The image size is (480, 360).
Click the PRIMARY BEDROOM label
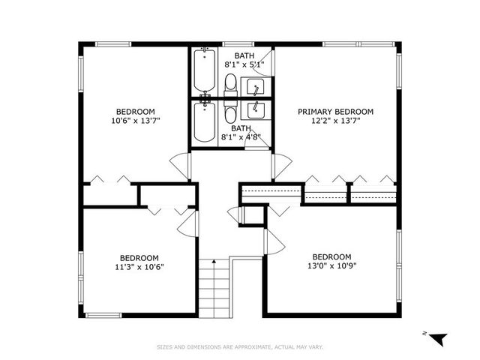pos(335,112)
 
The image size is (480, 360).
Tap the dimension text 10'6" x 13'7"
pos(136,119)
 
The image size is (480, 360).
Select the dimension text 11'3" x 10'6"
pos(139,266)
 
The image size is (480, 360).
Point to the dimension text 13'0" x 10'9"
pos(331,266)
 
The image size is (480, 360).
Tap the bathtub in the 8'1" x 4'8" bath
pos(204,122)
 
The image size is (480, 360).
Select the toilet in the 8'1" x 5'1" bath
pos(230,84)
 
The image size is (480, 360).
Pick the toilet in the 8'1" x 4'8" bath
pos(230,114)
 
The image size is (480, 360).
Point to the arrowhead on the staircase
pos(214,261)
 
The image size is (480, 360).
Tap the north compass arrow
pos(439,339)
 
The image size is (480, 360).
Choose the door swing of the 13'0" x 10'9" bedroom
pos(273,241)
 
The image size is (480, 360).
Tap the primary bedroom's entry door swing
pos(281,166)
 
